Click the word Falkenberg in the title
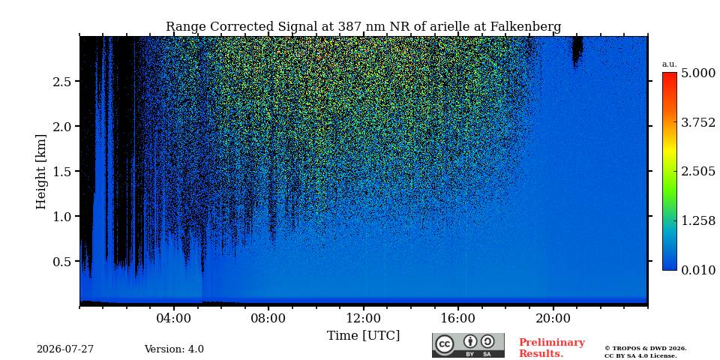tap(526, 27)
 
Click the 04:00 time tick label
tap(174, 318)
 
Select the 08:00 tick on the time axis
tap(268, 318)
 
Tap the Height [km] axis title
tap(41, 172)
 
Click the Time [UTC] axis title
tap(363, 336)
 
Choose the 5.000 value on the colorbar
tap(698, 73)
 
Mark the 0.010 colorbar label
tap(698, 270)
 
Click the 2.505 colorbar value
tap(698, 171)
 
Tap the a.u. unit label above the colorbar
tap(669, 64)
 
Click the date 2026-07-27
tap(65, 349)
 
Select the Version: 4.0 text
tap(174, 349)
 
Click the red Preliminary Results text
tap(551, 347)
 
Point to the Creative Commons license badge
tap(468, 345)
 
